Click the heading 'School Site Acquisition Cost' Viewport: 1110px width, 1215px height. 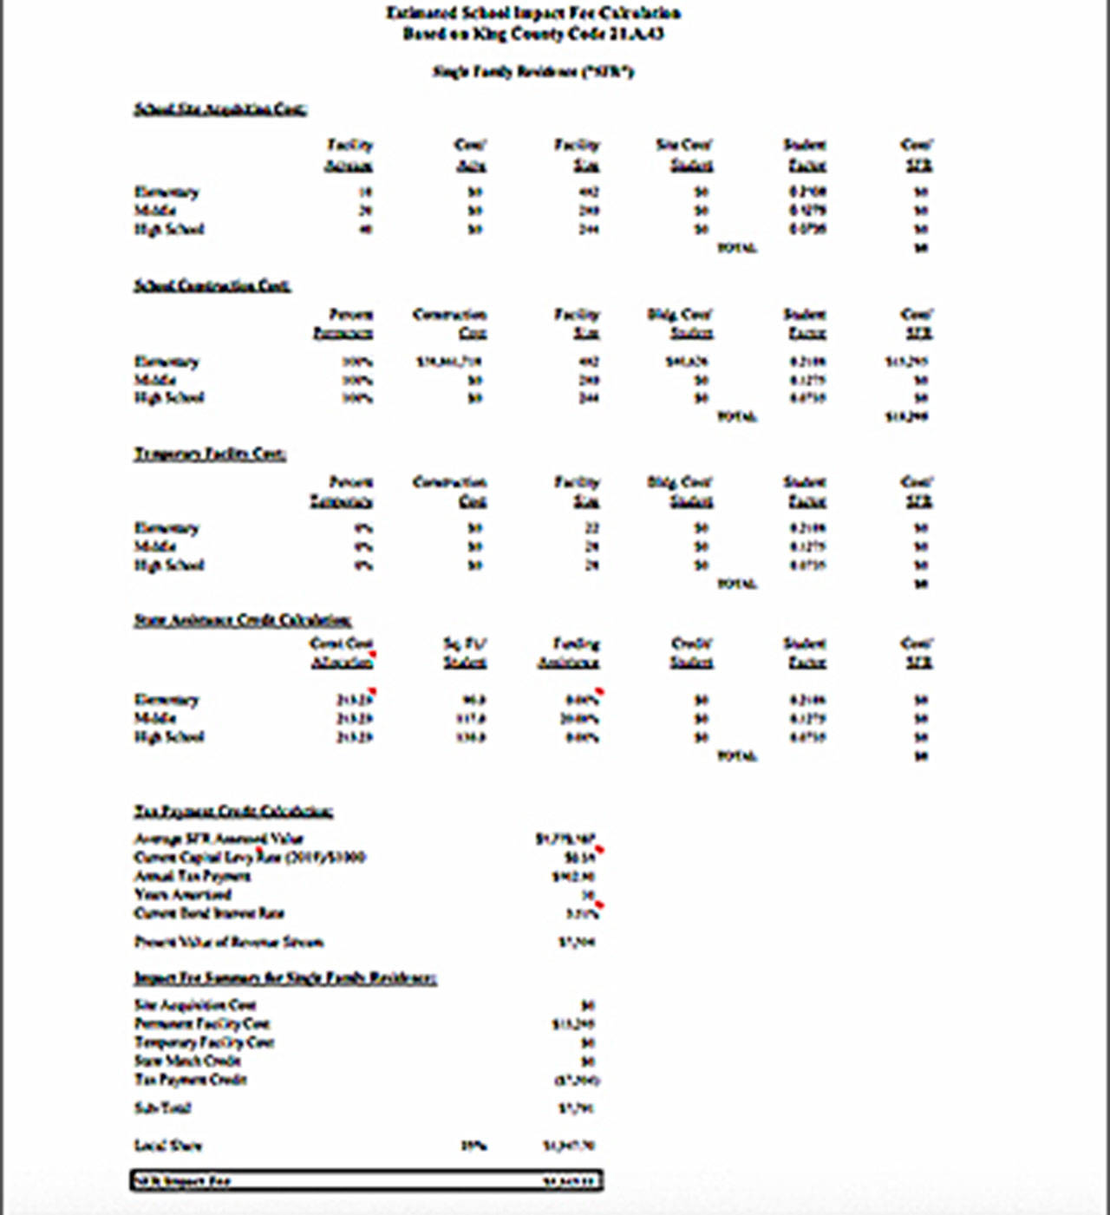219,109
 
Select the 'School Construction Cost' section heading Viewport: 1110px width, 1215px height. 212,285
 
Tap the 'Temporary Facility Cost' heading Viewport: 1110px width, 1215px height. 209,454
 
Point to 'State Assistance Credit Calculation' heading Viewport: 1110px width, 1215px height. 242,620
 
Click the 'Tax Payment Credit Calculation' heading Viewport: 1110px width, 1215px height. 232,812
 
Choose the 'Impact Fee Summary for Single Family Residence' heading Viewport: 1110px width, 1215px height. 284,978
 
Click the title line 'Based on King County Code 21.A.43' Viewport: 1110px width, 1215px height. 533,34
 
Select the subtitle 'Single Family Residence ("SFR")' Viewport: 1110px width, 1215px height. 533,71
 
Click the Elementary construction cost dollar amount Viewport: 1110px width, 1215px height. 448,362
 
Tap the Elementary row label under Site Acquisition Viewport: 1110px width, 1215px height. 166,192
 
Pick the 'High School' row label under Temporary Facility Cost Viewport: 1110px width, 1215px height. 169,565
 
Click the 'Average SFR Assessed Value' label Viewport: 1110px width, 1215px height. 219,839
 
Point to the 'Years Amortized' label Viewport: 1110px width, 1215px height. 182,894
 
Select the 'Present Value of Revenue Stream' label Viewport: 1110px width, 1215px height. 229,942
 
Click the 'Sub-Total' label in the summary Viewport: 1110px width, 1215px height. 162,1107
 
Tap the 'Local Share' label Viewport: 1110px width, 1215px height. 167,1146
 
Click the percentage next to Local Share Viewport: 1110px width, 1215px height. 473,1146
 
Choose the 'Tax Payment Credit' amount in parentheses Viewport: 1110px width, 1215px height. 577,1081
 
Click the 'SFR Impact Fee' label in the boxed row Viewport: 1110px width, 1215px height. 182,1181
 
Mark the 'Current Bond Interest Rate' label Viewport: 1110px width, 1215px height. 209,913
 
